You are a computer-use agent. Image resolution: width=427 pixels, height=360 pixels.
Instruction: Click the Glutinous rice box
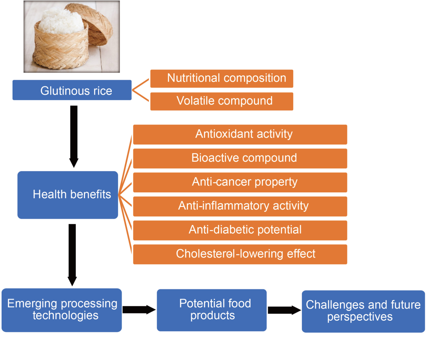(72, 90)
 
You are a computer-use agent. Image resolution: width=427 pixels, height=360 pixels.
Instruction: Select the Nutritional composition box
(222, 79)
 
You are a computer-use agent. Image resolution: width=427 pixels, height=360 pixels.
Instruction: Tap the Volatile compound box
(222, 101)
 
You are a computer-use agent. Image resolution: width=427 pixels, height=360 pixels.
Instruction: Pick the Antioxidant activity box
(240, 135)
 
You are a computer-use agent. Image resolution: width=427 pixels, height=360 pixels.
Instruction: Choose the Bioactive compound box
(240, 159)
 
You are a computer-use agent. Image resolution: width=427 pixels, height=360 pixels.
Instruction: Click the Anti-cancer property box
(240, 183)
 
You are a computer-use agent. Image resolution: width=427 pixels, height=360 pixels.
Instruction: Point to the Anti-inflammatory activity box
(240, 206)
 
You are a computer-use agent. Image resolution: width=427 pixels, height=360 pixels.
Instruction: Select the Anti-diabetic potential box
(240, 230)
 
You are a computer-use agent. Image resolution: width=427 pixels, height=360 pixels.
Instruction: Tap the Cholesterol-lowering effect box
(240, 254)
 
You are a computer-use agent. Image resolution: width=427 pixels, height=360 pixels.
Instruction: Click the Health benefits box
(68, 195)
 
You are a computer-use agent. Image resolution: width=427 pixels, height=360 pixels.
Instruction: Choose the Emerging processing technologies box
(62, 310)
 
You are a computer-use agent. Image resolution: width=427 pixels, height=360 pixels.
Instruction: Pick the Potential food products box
(212, 310)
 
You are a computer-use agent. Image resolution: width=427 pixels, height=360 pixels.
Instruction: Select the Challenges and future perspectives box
(363, 312)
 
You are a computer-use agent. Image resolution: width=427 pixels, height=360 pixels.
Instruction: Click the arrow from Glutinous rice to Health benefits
(74, 137)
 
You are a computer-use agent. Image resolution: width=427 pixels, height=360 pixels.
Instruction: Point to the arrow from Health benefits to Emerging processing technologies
(72, 255)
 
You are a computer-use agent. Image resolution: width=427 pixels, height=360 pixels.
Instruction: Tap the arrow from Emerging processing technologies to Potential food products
(139, 310)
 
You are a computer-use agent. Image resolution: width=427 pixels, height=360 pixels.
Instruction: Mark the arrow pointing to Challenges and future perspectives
(284, 310)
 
